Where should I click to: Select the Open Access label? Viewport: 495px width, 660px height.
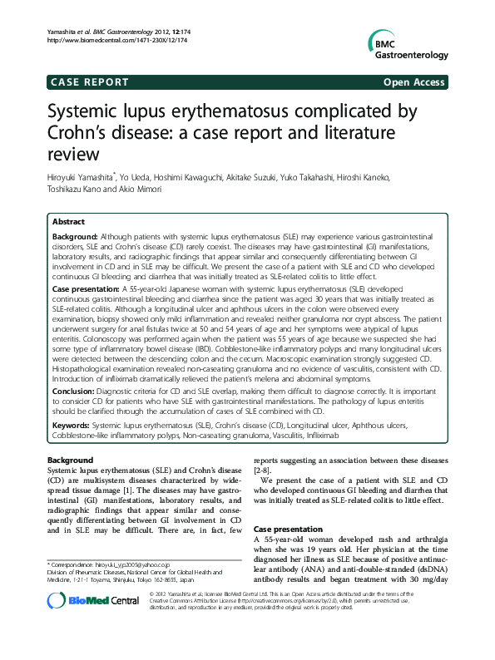413,81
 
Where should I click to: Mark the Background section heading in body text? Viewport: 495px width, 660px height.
70,460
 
